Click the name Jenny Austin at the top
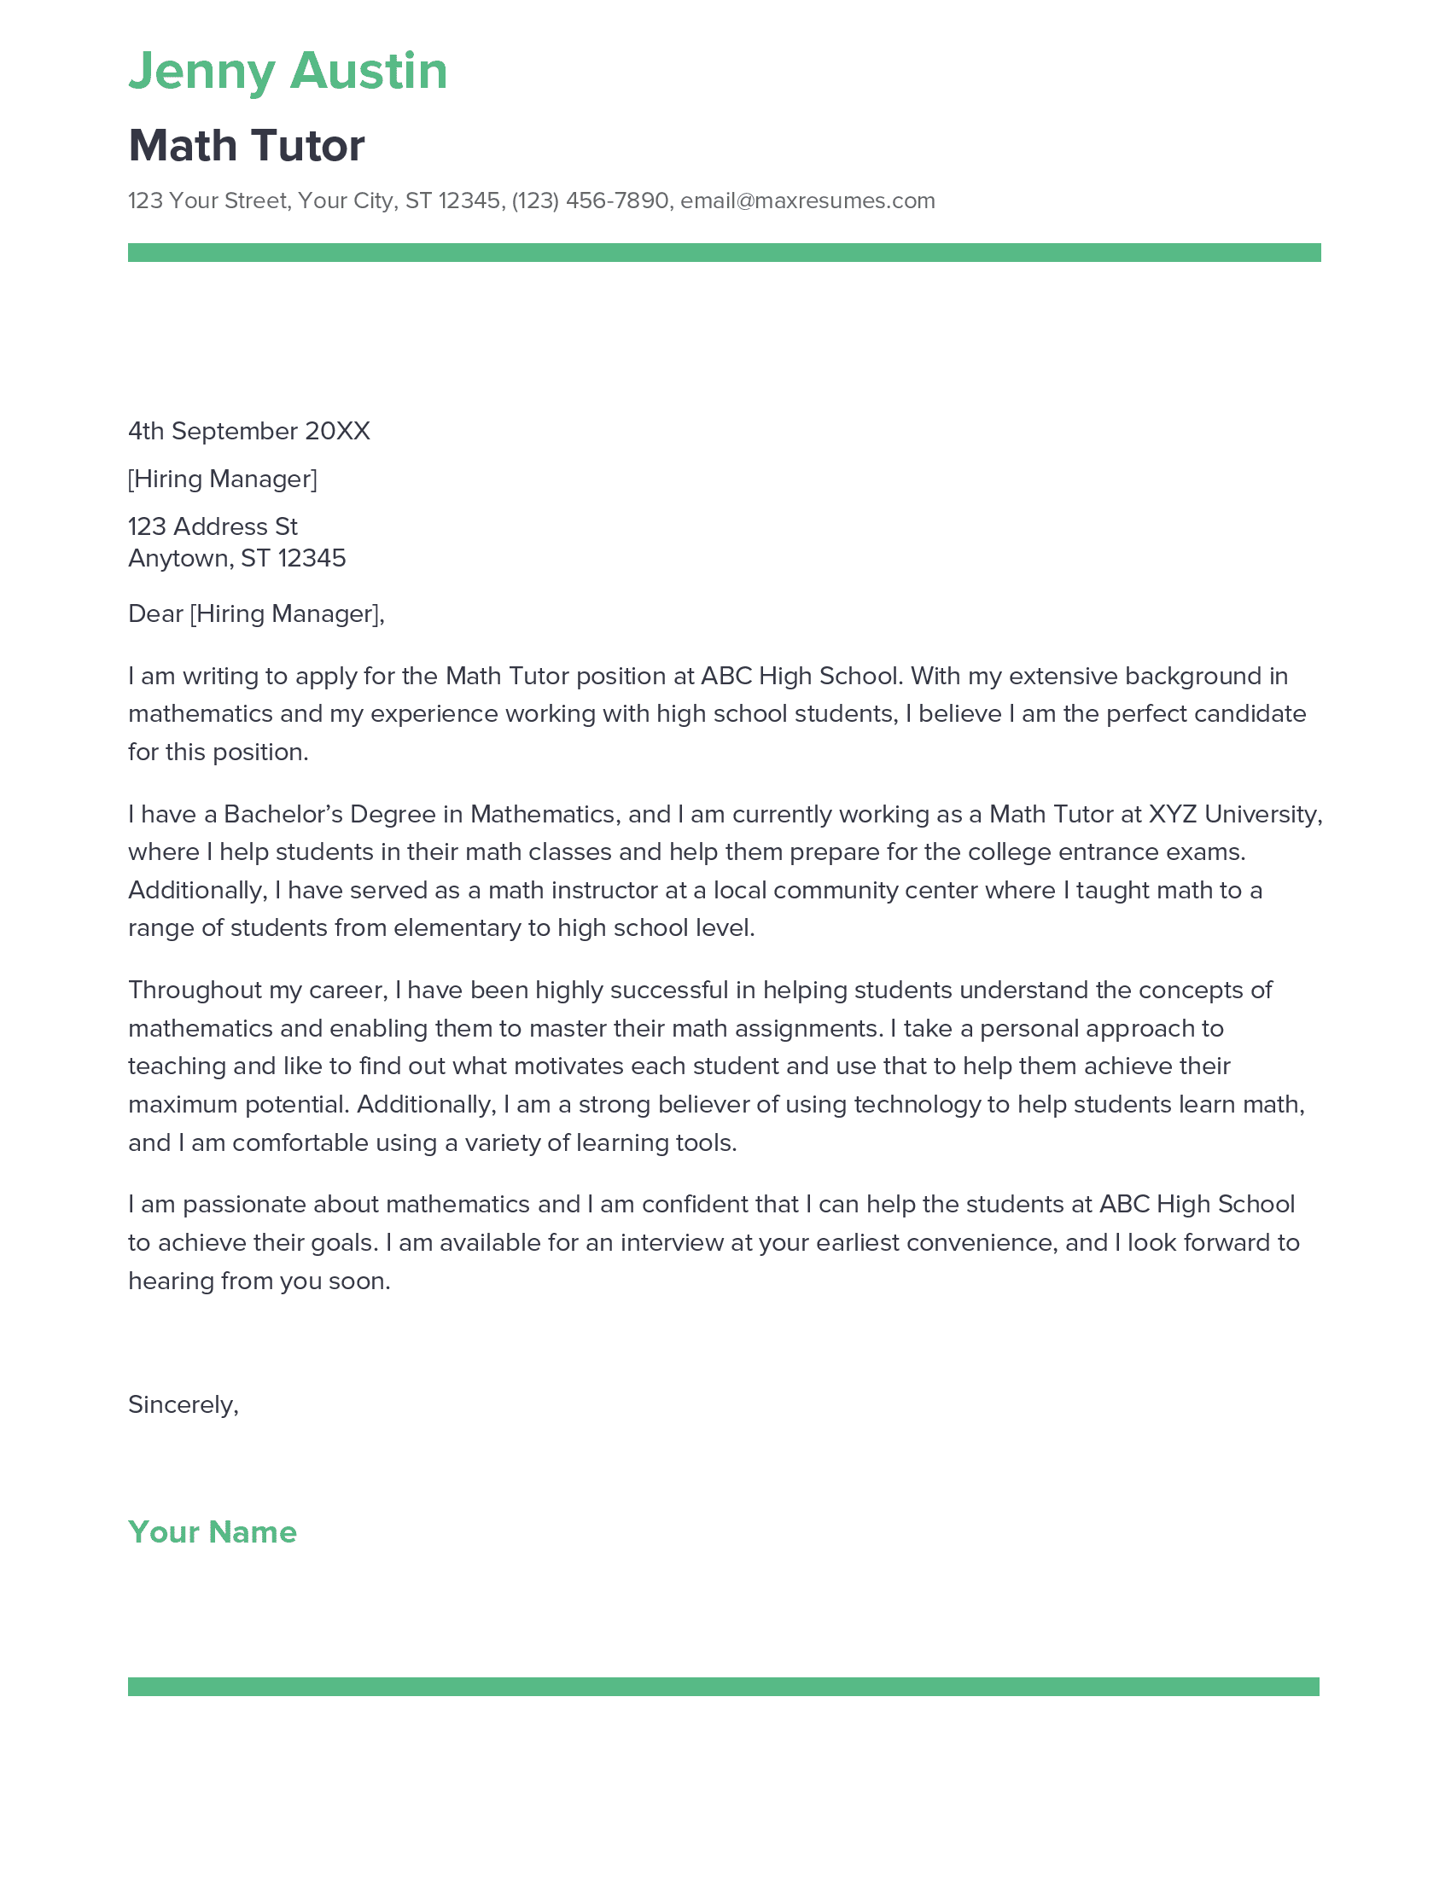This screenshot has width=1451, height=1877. click(x=288, y=71)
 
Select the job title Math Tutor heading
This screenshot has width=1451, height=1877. click(x=247, y=145)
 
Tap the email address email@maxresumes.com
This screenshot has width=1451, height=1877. click(x=807, y=201)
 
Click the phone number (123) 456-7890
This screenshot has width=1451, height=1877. click(x=590, y=201)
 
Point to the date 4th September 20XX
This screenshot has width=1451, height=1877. click(x=249, y=432)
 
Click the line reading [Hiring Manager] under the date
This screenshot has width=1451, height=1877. click(x=223, y=479)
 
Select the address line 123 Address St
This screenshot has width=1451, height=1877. click(x=213, y=526)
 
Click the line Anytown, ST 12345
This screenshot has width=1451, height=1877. click(x=237, y=559)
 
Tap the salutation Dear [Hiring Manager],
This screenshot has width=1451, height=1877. click(x=256, y=613)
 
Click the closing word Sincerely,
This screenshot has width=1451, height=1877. click(x=184, y=1405)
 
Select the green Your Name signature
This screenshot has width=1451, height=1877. click(x=213, y=1532)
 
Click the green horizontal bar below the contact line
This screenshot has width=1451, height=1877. click(x=724, y=253)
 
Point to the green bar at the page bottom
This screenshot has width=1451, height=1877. click(x=724, y=1686)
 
